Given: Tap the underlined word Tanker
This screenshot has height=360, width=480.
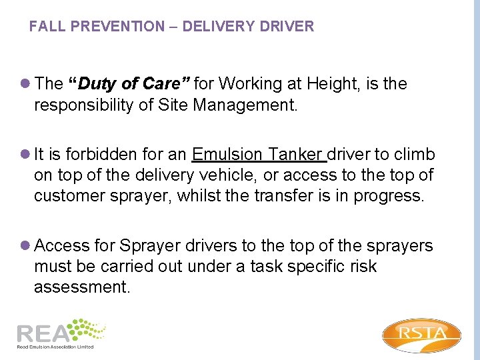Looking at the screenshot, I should pyautogui.click(x=296, y=155).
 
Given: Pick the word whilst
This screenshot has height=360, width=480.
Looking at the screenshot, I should pyautogui.click(x=199, y=196).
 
